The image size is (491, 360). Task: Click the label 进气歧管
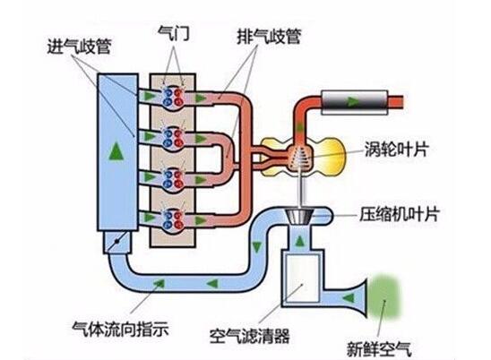[79, 47]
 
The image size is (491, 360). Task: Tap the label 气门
[174, 33]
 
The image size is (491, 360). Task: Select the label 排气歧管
[269, 37]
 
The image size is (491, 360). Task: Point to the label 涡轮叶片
[396, 150]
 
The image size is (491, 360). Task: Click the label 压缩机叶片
[400, 214]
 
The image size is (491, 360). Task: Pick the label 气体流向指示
[121, 330]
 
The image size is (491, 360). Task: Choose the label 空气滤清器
[250, 336]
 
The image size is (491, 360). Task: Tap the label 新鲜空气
[379, 348]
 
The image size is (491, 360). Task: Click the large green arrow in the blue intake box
[116, 150]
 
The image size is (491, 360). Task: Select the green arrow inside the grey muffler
[353, 101]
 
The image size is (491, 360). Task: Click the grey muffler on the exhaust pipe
[355, 102]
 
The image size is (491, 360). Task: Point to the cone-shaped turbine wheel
[299, 158]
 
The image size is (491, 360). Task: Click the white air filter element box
[303, 279]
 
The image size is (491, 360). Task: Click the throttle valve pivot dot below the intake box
[116, 241]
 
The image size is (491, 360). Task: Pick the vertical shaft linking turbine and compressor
[299, 189]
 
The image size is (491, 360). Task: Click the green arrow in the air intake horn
[349, 297]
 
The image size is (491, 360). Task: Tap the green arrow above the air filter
[299, 241]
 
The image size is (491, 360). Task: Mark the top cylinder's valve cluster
[173, 97]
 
